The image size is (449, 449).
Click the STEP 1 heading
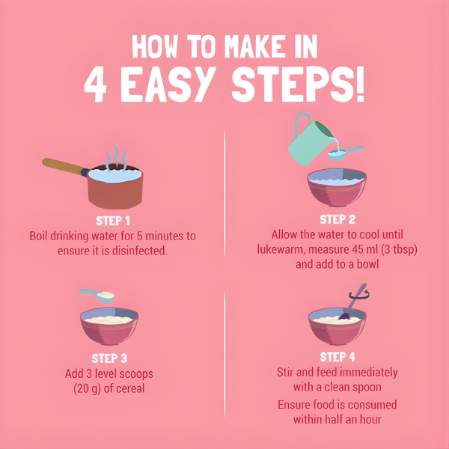[113, 221]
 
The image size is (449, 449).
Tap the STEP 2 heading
[337, 219]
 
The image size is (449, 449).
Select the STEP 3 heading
[109, 358]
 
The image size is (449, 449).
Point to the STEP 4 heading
[337, 357]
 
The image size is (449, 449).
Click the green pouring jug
[310, 141]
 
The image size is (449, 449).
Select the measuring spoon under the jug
[344, 153]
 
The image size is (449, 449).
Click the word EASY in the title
[168, 84]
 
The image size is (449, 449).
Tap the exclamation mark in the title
[360, 84]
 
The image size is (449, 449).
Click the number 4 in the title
[95, 84]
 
